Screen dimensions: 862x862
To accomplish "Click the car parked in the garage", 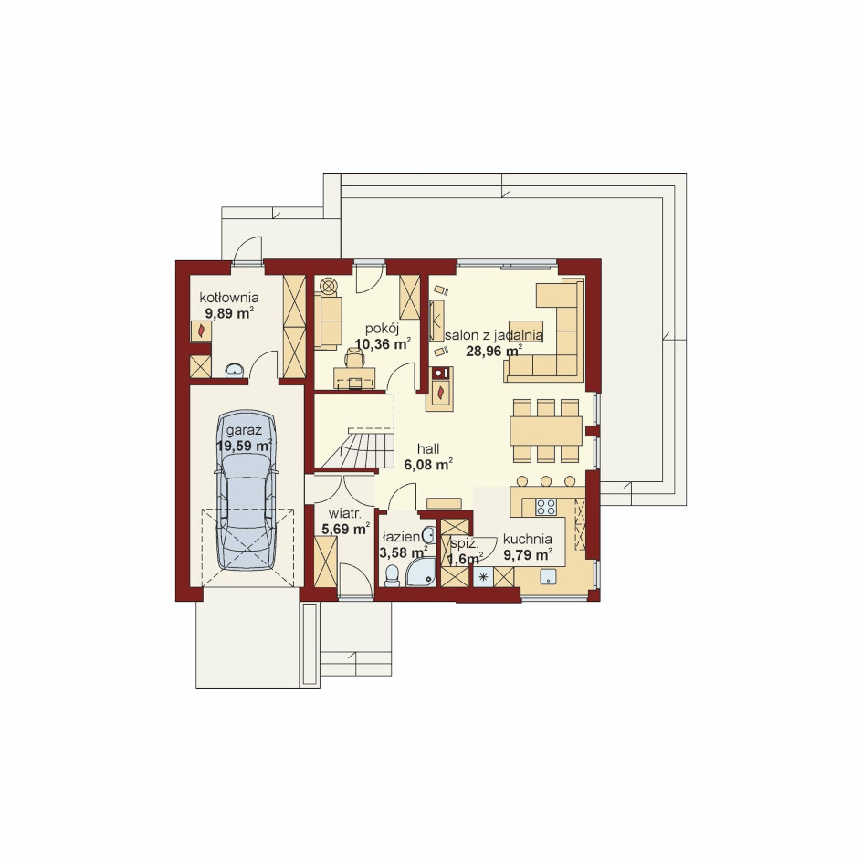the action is point(247,490).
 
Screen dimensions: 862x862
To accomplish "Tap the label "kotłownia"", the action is point(228,298).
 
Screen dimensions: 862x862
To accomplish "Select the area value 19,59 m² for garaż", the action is point(246,446).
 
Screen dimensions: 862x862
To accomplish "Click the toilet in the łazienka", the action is point(392,574).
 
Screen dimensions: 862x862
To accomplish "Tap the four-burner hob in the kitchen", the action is point(546,506).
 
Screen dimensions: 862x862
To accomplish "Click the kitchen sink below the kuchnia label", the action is point(548,577).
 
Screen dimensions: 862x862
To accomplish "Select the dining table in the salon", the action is point(545,430).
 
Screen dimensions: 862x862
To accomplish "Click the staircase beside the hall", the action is point(358,450).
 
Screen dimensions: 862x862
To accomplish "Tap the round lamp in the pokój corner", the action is point(328,286).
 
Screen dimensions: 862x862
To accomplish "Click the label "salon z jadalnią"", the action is point(494,335).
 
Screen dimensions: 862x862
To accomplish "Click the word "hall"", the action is point(428,448).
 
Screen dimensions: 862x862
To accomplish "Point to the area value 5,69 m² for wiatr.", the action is point(345,530).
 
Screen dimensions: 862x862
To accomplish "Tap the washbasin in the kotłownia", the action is point(235,371).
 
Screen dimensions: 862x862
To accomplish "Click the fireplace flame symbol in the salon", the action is point(440,393).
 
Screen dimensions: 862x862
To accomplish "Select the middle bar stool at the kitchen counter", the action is point(546,481).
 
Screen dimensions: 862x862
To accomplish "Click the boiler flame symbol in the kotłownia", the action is point(201,331).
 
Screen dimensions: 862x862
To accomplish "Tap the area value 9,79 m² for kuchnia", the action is point(528,554).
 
